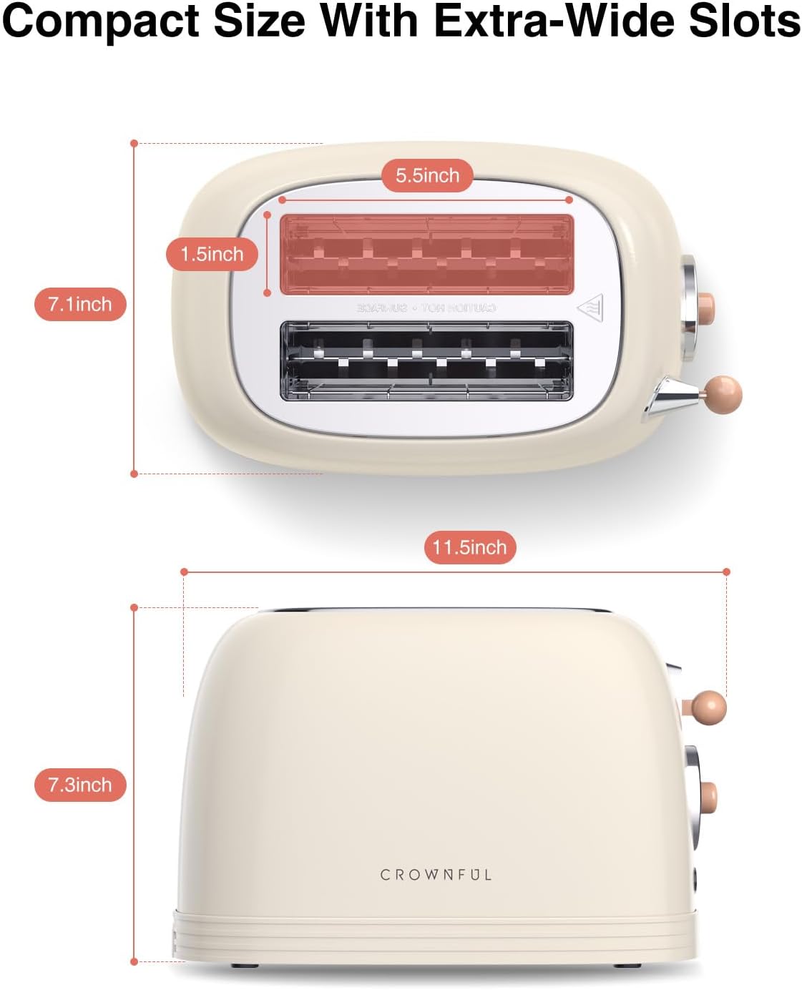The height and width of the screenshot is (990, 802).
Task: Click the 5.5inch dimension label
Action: click(427, 175)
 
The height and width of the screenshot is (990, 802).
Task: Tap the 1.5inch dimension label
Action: click(212, 254)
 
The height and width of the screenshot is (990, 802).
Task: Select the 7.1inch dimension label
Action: click(80, 304)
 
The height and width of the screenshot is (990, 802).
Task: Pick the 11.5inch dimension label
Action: click(469, 547)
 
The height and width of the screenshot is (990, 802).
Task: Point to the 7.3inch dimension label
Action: click(80, 785)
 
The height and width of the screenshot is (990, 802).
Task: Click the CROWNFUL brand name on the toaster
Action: click(436, 875)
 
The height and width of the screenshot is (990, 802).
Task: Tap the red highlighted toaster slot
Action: click(426, 254)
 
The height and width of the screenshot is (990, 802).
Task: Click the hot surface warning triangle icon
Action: click(591, 308)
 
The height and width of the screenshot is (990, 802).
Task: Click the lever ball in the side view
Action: click(708, 707)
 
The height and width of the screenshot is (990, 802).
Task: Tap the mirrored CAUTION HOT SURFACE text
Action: click(426, 308)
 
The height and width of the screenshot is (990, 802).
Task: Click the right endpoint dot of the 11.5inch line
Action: click(726, 572)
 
